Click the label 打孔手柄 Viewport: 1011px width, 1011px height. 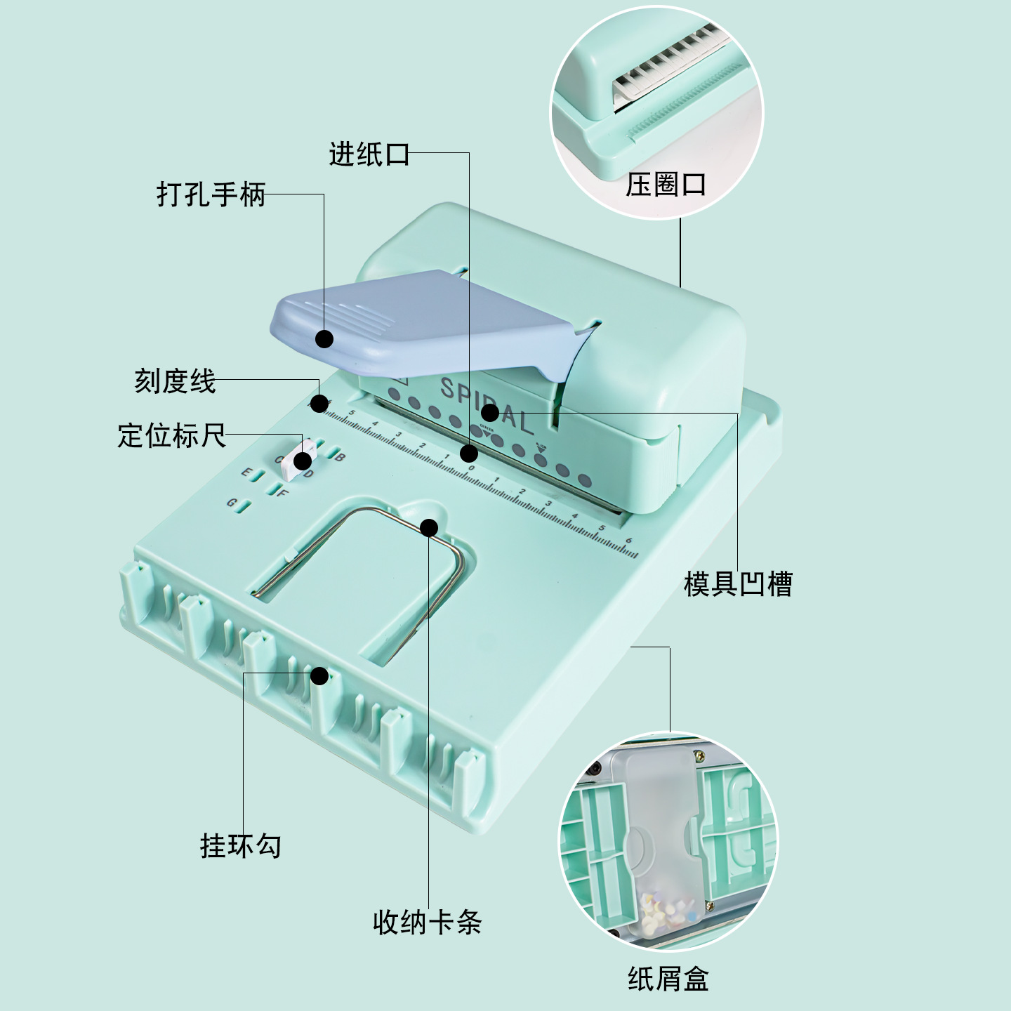point(211,194)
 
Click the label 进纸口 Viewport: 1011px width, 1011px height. point(369,154)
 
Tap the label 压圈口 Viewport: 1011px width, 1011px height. point(666,185)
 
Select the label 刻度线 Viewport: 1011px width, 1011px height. point(175,381)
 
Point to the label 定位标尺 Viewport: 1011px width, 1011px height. point(171,435)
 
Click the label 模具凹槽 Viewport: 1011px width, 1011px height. point(738,583)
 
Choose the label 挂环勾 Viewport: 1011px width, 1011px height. point(240,845)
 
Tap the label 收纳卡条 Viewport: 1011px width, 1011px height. point(427,922)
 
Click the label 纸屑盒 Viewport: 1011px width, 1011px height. point(668,979)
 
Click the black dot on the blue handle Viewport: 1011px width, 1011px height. point(324,339)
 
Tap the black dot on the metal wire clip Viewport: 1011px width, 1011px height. point(429,527)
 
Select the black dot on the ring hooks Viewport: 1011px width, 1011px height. point(319,676)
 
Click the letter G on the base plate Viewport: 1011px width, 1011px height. point(231,503)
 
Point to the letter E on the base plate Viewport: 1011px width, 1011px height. point(246,472)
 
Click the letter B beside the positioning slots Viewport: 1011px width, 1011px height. point(340,458)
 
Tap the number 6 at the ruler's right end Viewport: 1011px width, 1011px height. point(628,541)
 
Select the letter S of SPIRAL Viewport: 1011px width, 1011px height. point(448,388)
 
